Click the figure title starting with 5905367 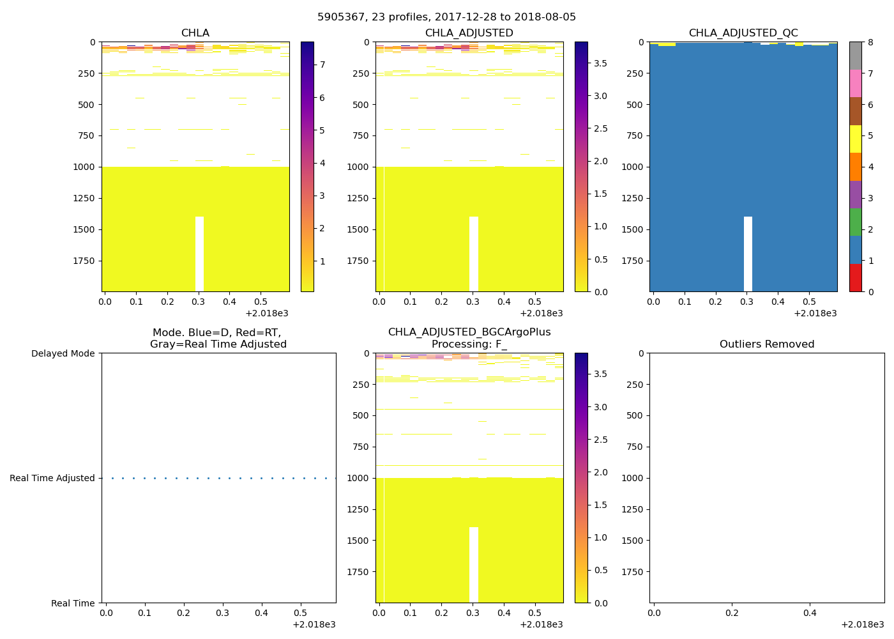(446, 17)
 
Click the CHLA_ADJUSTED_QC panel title (743, 33)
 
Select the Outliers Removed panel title (766, 344)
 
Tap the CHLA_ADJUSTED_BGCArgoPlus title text (469, 332)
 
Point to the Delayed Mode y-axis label (63, 353)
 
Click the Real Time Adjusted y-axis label (52, 478)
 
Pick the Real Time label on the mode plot (73, 603)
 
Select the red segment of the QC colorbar (856, 278)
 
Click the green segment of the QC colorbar (856, 222)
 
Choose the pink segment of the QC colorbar (856, 83)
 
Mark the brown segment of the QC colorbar (856, 111)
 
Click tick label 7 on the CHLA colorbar (322, 65)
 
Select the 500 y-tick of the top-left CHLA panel (87, 105)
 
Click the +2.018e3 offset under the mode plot (314, 624)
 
